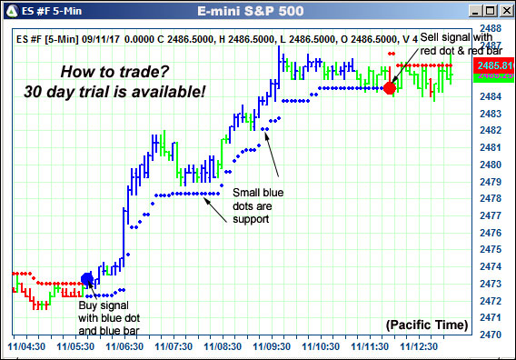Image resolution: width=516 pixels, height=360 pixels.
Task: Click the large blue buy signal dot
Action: (87, 279)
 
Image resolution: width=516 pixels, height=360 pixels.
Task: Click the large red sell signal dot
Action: (390, 88)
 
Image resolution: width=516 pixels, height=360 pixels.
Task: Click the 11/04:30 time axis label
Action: (27, 347)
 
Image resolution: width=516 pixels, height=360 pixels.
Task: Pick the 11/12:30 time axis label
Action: (419, 347)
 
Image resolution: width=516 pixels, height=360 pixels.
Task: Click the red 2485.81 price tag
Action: (491, 66)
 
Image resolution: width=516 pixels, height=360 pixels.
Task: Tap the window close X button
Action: (504, 11)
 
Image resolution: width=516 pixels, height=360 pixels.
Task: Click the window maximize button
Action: (490, 11)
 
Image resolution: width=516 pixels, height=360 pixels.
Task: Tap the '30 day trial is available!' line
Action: (114, 92)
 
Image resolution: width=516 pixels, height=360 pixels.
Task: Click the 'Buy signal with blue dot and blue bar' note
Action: (111, 318)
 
